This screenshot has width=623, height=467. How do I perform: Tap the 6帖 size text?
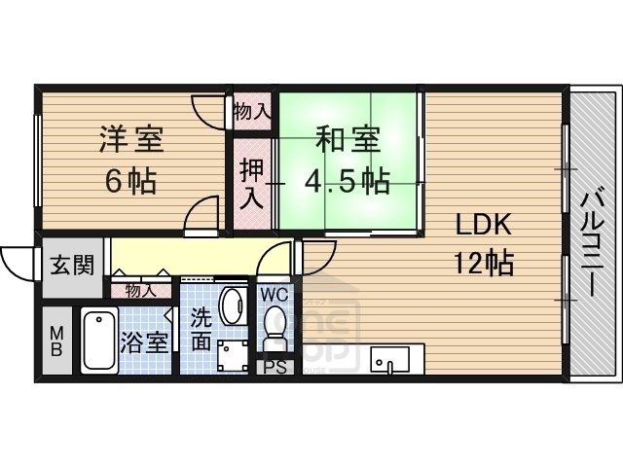click(129, 181)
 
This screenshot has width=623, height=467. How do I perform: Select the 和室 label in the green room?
click(346, 140)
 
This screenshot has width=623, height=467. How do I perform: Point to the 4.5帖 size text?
click(348, 181)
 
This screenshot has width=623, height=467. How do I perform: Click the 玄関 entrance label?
click(73, 264)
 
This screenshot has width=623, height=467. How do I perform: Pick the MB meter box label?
click(57, 341)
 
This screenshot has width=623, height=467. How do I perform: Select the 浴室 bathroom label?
click(144, 343)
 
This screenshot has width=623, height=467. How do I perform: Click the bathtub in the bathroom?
click(98, 340)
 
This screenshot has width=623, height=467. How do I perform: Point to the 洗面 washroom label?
click(201, 328)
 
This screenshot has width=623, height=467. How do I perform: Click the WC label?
click(274, 292)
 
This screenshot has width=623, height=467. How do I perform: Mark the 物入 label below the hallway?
click(140, 290)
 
